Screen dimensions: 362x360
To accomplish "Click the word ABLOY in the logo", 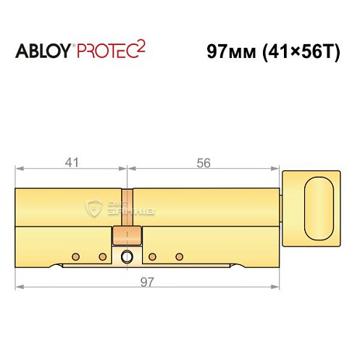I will pyautogui.click(x=44, y=53).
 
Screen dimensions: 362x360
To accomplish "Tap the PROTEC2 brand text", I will pyautogui.click(x=109, y=52).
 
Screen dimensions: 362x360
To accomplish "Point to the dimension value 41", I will pyautogui.click(x=70, y=164).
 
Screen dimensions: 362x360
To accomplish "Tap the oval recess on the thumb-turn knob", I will pyautogui.click(x=320, y=203).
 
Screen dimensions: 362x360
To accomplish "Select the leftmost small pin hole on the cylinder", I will pyautogui.click(x=75, y=256).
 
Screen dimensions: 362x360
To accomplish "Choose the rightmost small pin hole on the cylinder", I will pyautogui.click(x=178, y=256).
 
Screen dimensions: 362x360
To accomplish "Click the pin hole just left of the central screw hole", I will pyautogui.click(x=102, y=256).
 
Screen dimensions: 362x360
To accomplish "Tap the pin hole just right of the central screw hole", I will pyautogui.click(x=152, y=256).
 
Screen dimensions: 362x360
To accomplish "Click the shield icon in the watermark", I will pyautogui.click(x=93, y=207).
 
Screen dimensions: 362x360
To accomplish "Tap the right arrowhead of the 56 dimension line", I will pyautogui.click(x=277, y=172).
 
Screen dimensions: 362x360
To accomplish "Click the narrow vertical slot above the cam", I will pyautogui.click(x=127, y=207).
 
